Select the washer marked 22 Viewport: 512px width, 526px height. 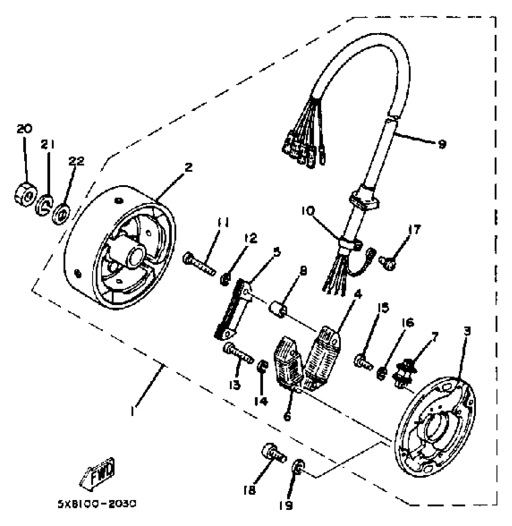(x=62, y=214)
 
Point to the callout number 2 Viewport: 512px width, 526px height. (x=188, y=167)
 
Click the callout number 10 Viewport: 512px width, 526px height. (x=308, y=211)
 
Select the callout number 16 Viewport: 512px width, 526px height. (x=408, y=323)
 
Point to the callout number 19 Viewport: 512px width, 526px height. (x=286, y=505)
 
